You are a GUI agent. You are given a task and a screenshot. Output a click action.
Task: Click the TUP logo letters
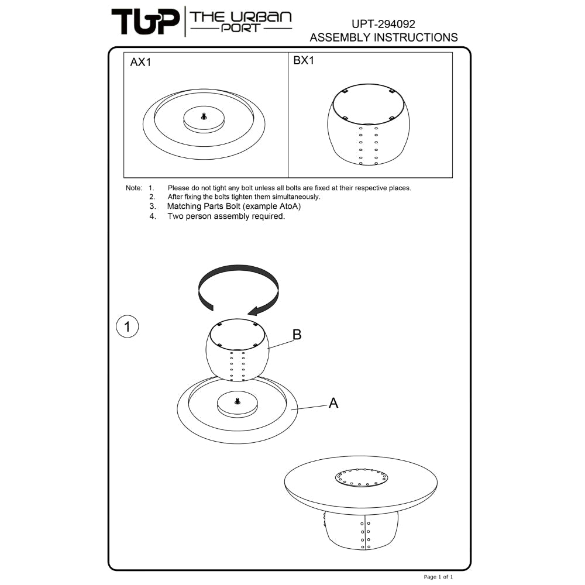pyautogui.click(x=145, y=22)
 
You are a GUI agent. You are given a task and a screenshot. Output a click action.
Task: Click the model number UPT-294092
pyautogui.click(x=383, y=24)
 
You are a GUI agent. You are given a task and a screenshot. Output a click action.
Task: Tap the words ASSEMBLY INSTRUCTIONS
pyautogui.click(x=384, y=37)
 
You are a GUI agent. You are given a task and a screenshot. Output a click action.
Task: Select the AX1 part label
pyautogui.click(x=140, y=62)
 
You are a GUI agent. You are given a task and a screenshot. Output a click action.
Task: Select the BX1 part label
pyautogui.click(x=304, y=60)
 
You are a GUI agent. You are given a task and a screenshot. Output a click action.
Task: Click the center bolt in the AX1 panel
pyautogui.click(x=204, y=116)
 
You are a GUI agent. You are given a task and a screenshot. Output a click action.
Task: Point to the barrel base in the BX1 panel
pyautogui.click(x=368, y=125)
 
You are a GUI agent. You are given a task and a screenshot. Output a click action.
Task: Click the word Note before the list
pyautogui.click(x=133, y=188)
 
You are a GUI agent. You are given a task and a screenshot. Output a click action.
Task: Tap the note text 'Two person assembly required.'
pyautogui.click(x=226, y=216)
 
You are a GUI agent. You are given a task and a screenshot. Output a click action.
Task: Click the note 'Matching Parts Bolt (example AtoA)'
pyautogui.click(x=234, y=207)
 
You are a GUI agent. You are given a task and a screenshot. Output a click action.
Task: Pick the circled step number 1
pyautogui.click(x=128, y=326)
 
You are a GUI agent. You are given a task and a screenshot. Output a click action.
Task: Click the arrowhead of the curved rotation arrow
pyautogui.click(x=255, y=311)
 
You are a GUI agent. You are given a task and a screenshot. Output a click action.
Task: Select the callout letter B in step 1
pyautogui.click(x=297, y=335)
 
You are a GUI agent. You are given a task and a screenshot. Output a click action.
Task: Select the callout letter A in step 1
pyautogui.click(x=333, y=403)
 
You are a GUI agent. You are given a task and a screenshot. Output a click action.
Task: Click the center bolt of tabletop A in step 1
pyautogui.click(x=238, y=401)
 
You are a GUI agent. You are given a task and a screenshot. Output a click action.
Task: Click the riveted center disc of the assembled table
pyautogui.click(x=361, y=478)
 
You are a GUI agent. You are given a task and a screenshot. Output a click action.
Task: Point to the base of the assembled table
pyautogui.click(x=361, y=530)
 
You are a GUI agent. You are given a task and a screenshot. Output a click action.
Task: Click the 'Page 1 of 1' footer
pyautogui.click(x=438, y=577)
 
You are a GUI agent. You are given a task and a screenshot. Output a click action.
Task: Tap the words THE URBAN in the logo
pyautogui.click(x=240, y=17)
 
